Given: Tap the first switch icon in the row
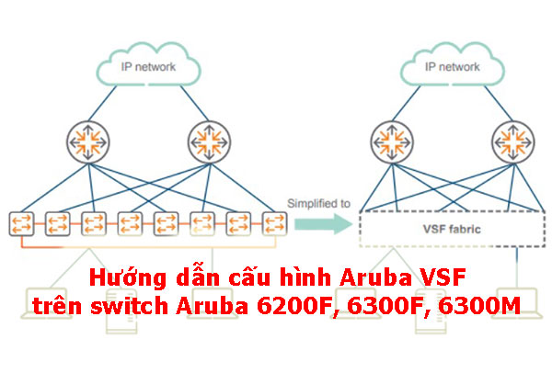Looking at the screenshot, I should click(21, 223).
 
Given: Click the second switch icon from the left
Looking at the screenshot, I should click(57, 223).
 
